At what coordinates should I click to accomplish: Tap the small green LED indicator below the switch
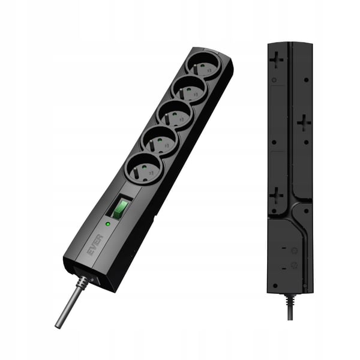pos(107,223)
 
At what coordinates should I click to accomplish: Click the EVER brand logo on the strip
pos(95,245)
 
